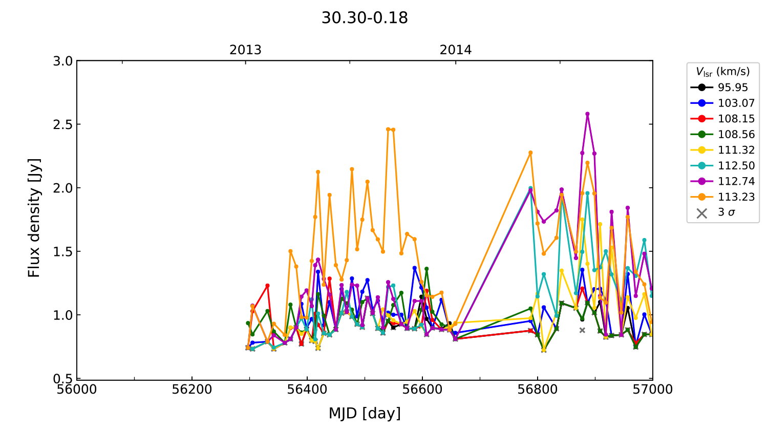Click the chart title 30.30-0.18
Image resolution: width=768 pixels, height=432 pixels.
(365, 18)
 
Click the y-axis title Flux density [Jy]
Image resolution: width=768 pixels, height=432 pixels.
(34, 218)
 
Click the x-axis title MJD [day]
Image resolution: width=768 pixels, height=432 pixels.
(365, 413)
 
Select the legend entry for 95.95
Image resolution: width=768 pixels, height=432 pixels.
(733, 88)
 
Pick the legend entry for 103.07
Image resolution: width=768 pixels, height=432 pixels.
(736, 103)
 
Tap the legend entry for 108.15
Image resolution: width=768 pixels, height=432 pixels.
(736, 119)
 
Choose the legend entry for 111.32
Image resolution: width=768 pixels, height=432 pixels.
(736, 150)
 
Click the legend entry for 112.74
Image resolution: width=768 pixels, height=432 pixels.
(736, 181)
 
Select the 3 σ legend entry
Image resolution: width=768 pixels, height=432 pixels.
(726, 212)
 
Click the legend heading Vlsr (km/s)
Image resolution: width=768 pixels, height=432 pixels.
(722, 72)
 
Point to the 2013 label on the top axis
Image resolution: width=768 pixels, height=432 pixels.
(245, 50)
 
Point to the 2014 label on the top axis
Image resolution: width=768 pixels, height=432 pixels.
(456, 50)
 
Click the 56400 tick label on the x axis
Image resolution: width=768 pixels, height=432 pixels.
(307, 390)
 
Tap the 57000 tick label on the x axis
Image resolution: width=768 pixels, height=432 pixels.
(652, 390)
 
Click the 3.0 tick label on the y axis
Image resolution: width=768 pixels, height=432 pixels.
(63, 61)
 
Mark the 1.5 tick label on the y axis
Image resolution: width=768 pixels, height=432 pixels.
(63, 252)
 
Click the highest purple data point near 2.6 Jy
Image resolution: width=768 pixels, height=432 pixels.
(587, 114)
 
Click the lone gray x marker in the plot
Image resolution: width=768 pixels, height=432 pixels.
(582, 330)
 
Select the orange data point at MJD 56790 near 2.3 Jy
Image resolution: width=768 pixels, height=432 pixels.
(530, 153)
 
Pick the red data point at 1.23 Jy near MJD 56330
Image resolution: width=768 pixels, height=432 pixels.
(267, 286)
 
